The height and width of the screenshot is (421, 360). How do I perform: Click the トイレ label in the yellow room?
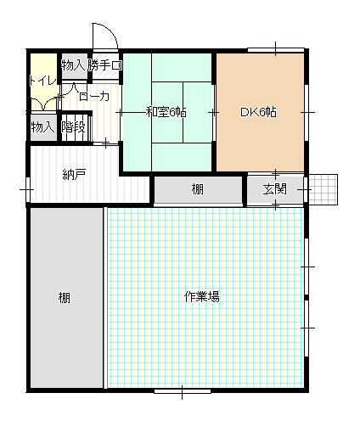(x=43, y=81)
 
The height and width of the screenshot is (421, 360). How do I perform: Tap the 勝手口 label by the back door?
(x=104, y=65)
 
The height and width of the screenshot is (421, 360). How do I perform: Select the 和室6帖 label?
(x=166, y=112)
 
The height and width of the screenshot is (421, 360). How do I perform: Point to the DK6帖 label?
(x=258, y=112)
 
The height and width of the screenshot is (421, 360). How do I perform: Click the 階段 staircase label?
(x=73, y=126)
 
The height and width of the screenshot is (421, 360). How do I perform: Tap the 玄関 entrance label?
(x=274, y=189)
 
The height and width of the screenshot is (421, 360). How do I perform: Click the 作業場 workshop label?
(x=202, y=297)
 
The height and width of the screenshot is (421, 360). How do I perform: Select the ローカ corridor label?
(x=94, y=97)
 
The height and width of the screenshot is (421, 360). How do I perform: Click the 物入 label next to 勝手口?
(x=73, y=65)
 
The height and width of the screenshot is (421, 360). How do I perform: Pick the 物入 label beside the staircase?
(x=42, y=126)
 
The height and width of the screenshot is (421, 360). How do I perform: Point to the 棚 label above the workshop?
(x=197, y=189)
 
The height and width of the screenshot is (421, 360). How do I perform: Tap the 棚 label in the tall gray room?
(x=65, y=298)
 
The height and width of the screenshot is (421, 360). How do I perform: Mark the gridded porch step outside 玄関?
(x=323, y=189)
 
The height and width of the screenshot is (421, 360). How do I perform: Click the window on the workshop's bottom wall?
(x=183, y=391)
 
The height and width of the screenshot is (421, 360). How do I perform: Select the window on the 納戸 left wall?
(x=28, y=189)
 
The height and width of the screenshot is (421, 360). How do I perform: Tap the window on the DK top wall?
(x=276, y=50)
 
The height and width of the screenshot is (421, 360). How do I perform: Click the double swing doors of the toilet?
(x=43, y=104)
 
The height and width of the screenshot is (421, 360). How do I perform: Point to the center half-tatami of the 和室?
(x=167, y=113)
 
